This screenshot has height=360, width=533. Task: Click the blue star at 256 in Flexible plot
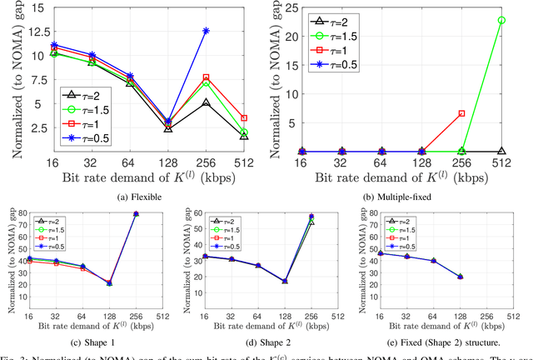tap(207, 31)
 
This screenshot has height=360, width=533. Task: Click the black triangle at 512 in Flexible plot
tap(243, 135)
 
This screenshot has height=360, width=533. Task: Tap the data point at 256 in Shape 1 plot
tap(136, 214)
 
